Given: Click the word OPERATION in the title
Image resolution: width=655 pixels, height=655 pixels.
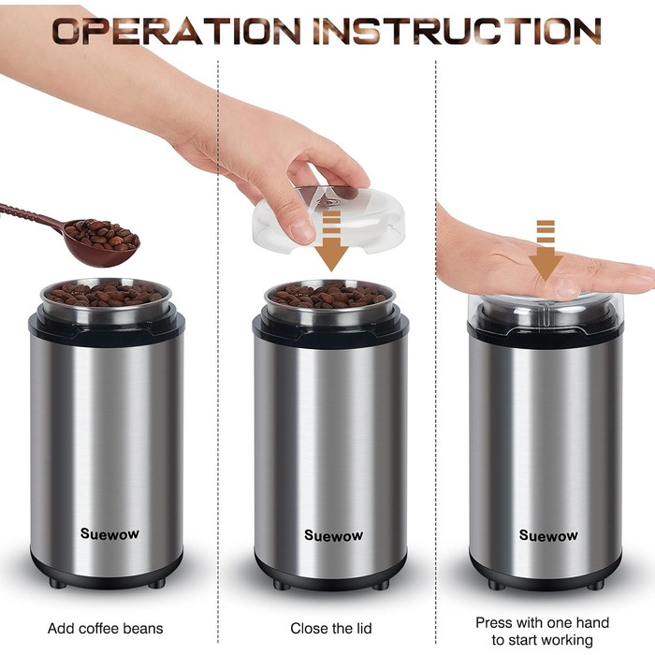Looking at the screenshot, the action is pyautogui.click(x=176, y=31).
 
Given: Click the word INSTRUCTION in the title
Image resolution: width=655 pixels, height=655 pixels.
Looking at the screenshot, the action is pyautogui.click(x=457, y=31).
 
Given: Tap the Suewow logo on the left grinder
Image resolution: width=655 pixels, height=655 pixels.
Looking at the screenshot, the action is pyautogui.click(x=109, y=533).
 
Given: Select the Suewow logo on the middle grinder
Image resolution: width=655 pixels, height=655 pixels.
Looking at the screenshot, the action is pyautogui.click(x=333, y=535).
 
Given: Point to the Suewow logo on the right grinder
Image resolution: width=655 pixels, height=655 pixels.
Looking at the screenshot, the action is pyautogui.click(x=548, y=535).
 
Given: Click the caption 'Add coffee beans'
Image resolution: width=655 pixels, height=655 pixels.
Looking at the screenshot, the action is pyautogui.click(x=105, y=628).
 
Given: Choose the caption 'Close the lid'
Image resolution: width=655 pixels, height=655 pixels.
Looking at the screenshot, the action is pyautogui.click(x=331, y=628).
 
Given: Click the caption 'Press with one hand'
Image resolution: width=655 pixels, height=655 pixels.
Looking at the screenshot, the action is pyautogui.click(x=542, y=622).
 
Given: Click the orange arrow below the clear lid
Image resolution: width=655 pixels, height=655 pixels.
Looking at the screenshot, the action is pyautogui.click(x=331, y=241).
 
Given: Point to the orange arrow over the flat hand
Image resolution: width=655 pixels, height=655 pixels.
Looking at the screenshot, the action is pyautogui.click(x=546, y=251).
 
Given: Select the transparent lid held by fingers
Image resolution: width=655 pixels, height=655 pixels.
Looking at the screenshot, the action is pyautogui.click(x=328, y=220).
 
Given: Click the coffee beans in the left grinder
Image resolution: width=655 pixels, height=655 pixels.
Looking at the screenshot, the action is pyautogui.click(x=105, y=293).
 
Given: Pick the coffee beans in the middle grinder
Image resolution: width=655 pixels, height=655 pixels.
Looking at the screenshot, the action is pyautogui.click(x=328, y=295).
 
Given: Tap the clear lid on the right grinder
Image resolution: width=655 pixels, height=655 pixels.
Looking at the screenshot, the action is pyautogui.click(x=546, y=313).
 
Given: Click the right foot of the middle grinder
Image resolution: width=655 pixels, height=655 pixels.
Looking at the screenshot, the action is pyautogui.click(x=380, y=585).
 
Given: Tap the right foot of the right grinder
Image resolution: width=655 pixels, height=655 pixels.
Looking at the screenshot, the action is pyautogui.click(x=595, y=585).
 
